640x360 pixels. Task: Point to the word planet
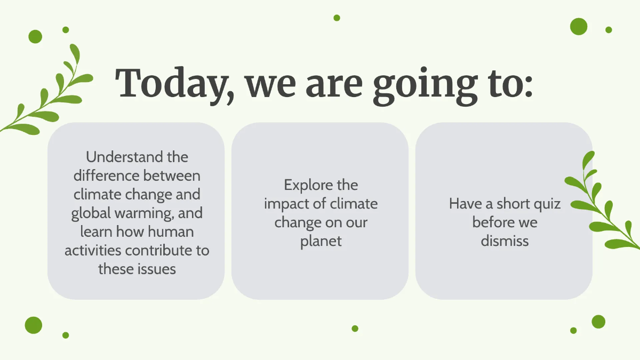click(321, 241)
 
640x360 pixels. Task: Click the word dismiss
click(505, 241)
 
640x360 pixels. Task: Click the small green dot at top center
click(337, 18)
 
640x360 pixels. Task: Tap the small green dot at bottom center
click(355, 329)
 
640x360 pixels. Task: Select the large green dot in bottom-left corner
click(33, 325)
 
